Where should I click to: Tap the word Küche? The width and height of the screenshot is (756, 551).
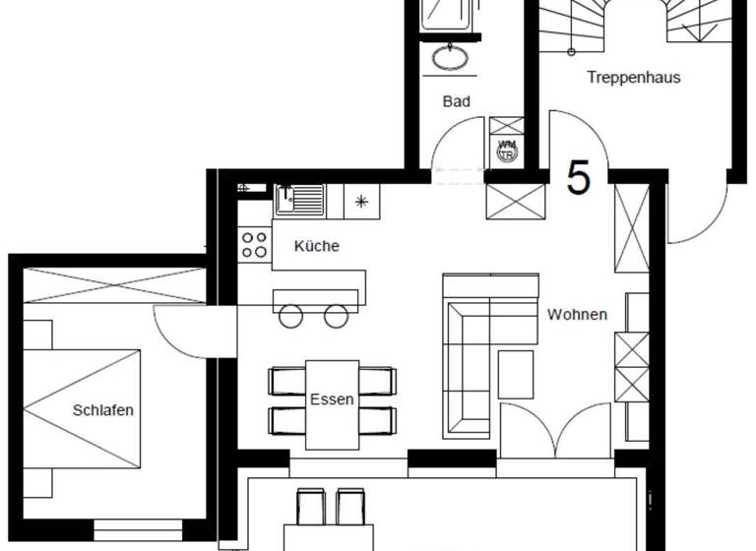tap(316, 246)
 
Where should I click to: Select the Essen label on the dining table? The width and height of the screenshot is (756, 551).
tap(332, 399)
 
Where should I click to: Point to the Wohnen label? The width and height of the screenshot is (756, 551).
tap(577, 315)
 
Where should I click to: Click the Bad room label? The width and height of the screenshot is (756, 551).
tap(457, 101)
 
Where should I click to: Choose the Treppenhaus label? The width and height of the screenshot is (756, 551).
tap(634, 77)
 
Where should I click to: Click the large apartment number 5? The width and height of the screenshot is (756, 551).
tap(579, 178)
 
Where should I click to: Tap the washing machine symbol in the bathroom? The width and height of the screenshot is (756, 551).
tap(507, 150)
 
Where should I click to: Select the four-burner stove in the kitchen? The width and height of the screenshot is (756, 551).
tap(255, 243)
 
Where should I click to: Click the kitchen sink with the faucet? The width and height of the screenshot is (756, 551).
tap(299, 200)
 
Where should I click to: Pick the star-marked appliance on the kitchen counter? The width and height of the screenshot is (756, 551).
tap(361, 202)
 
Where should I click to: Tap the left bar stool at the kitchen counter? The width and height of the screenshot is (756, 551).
tap(291, 316)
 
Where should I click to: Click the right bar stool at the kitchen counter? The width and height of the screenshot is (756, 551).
tap(337, 316)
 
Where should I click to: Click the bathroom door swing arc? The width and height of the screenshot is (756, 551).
tap(456, 146)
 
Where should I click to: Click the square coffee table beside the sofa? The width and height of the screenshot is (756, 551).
tap(515, 374)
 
